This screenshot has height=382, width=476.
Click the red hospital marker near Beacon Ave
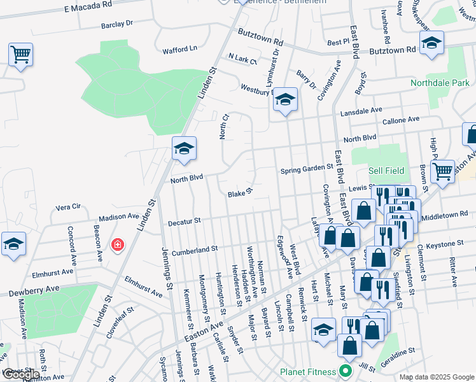pos(117,244)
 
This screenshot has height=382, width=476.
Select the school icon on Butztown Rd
pos(431,44)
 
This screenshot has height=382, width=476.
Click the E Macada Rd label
pos(88,4)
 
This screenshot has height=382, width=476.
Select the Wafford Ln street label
pos(180,49)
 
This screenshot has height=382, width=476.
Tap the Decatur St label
pos(184,222)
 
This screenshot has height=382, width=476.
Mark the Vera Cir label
pos(68,208)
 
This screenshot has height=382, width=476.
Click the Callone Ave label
pos(400,120)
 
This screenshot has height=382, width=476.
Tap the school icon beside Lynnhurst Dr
pos(286,99)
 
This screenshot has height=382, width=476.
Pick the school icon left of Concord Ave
pos(13,244)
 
